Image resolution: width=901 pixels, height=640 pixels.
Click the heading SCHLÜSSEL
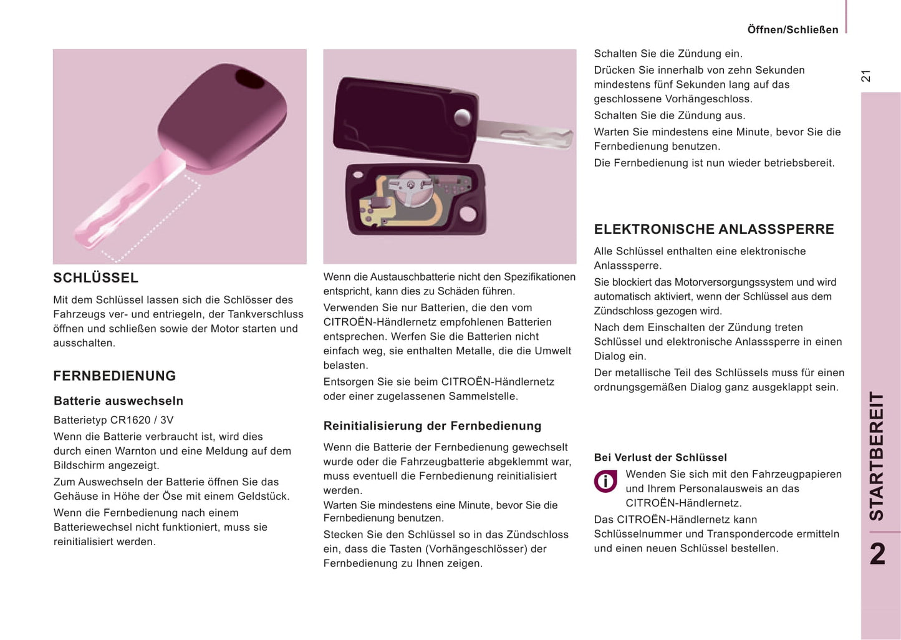point(95,278)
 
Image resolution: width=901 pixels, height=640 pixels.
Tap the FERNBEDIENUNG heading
point(114,376)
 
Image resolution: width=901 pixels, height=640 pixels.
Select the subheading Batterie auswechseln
point(118,400)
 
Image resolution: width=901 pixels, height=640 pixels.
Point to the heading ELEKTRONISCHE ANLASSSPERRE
point(713,229)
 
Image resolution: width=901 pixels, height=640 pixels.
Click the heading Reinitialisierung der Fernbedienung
point(432,426)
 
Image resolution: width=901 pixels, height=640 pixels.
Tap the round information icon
point(605,481)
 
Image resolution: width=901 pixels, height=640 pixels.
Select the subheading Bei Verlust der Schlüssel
point(660,457)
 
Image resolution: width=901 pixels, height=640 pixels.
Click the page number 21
point(865,76)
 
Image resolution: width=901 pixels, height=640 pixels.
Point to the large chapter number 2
point(877,553)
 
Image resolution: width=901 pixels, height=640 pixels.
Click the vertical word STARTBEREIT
point(877,455)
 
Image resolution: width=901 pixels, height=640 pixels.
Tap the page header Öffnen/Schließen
point(793,30)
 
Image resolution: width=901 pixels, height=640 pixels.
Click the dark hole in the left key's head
point(250,79)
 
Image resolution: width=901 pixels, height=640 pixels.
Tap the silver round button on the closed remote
point(463,117)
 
